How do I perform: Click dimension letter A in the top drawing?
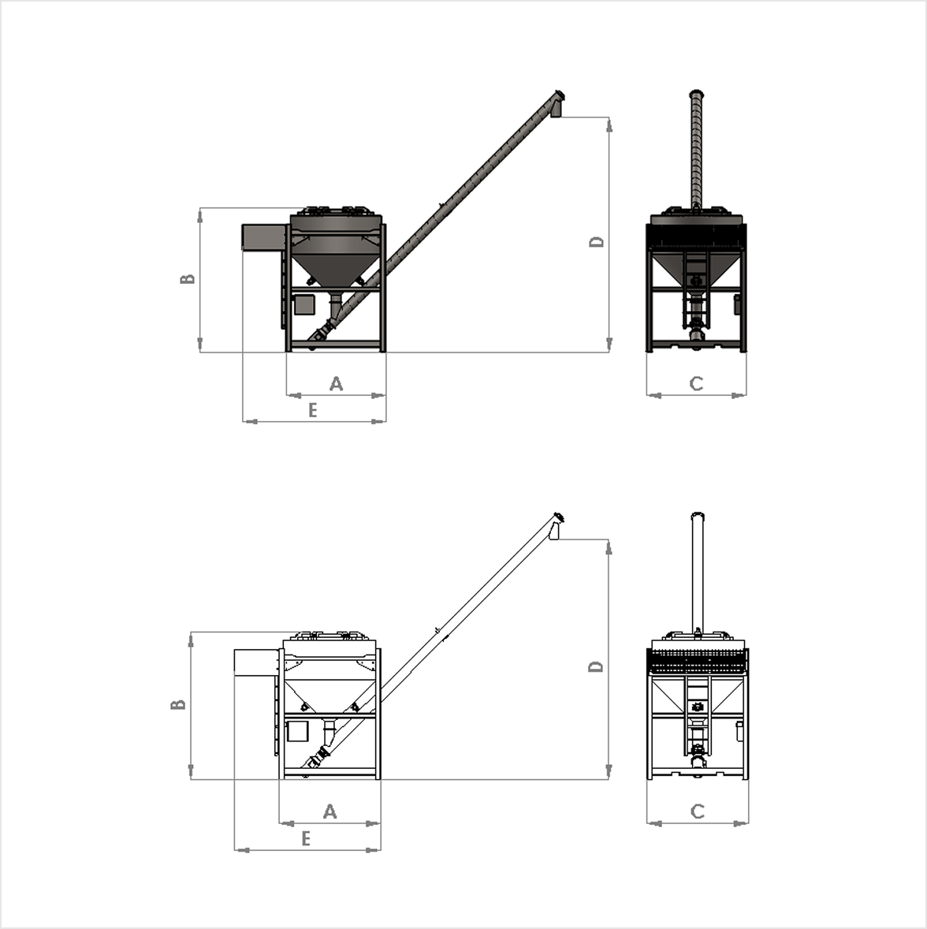point(336,383)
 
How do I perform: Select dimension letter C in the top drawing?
point(695,383)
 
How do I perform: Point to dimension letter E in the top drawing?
point(312,410)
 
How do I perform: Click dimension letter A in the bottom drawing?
point(329,811)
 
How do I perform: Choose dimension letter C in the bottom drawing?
point(697,811)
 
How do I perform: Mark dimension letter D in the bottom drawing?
point(596,666)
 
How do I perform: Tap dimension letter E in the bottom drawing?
point(306,838)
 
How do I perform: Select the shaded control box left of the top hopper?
point(263,237)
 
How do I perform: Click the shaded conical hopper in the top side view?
point(335,264)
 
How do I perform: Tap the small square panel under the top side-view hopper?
point(303,304)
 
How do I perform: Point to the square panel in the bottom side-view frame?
point(297,732)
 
